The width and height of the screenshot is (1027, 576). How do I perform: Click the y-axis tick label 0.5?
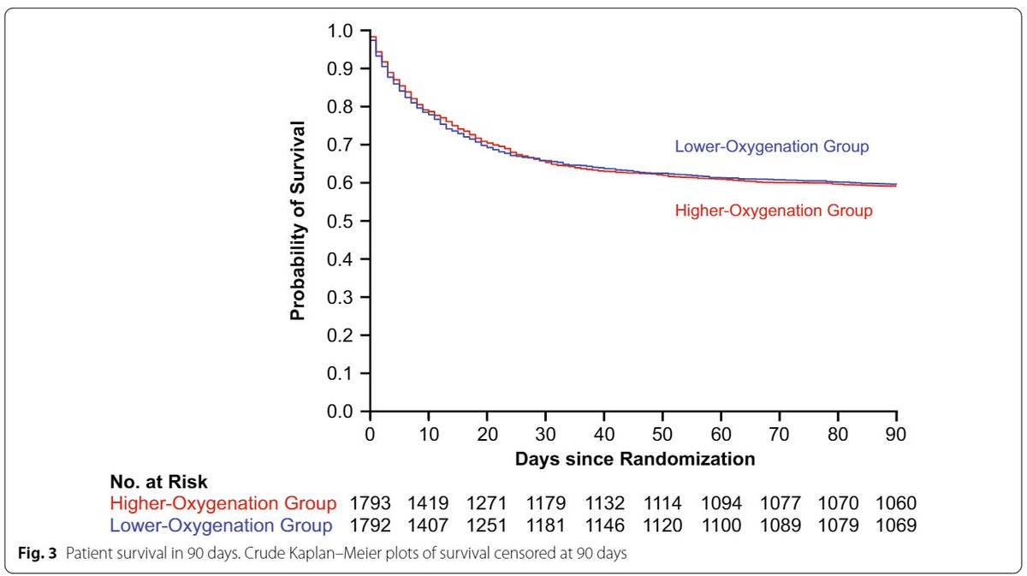[341, 221]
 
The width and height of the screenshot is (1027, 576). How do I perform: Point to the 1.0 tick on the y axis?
[341, 31]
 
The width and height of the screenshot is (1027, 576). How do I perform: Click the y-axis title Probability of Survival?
[298, 221]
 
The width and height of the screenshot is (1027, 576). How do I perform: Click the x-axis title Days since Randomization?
[634, 459]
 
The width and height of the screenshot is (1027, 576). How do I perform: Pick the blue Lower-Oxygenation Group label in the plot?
[772, 146]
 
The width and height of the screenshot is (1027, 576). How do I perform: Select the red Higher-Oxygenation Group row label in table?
[222, 504]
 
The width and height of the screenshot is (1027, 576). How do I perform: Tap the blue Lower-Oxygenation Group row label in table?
[222, 525]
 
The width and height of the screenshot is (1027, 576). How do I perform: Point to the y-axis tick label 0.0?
[341, 412]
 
